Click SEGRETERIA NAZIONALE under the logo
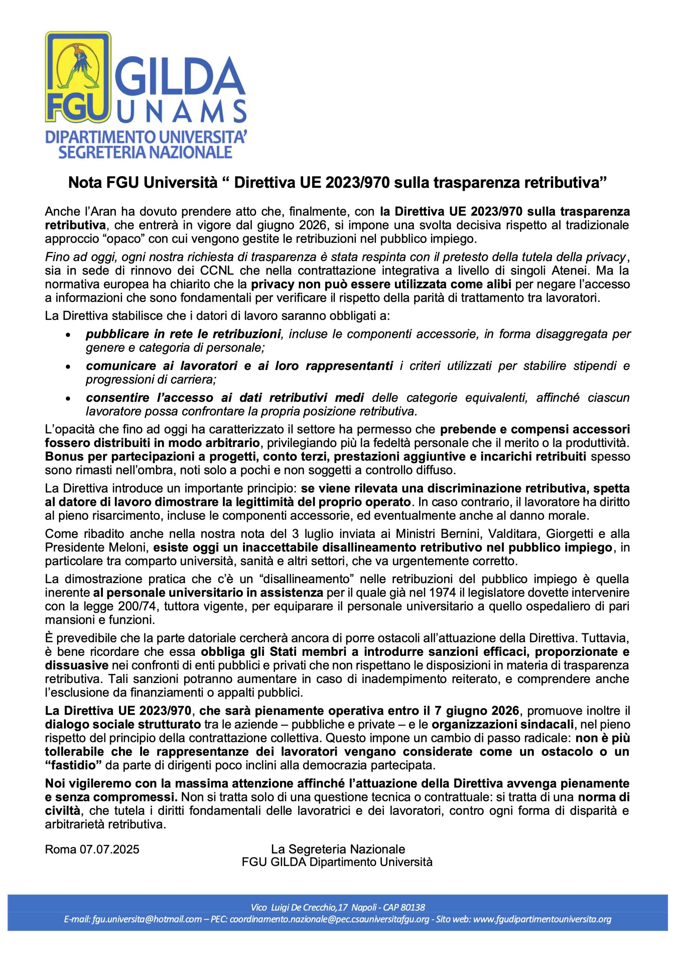point(145,151)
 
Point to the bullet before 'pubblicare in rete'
point(68,335)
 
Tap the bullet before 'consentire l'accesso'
point(68,399)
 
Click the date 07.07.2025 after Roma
point(110,849)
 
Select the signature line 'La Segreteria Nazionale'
point(338,849)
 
